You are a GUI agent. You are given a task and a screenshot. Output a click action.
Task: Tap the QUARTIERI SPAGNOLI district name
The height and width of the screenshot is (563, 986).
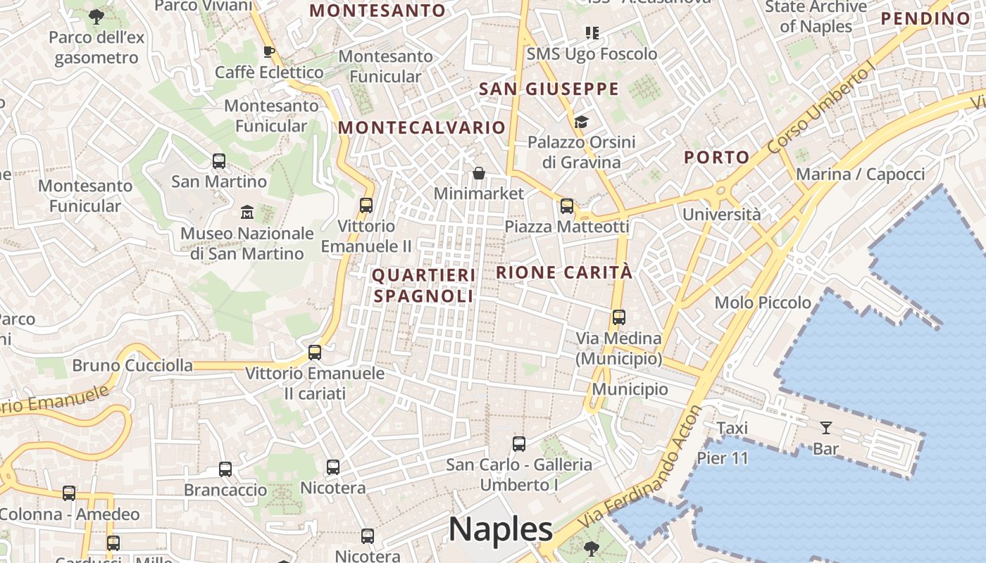point(423,285)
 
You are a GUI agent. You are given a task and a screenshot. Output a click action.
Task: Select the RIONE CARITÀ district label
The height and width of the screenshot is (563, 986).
point(564,272)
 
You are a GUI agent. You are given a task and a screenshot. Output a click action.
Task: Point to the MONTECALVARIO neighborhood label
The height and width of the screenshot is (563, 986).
point(422,127)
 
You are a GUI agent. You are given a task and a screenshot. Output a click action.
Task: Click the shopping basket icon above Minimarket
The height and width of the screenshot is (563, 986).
point(479,173)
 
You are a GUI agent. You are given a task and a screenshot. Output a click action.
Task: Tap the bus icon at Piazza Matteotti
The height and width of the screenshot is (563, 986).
point(567,206)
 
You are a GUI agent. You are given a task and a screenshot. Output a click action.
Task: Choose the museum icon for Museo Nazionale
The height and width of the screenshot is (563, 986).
point(247,212)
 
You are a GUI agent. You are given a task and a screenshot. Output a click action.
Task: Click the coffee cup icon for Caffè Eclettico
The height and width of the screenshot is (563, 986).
point(268,51)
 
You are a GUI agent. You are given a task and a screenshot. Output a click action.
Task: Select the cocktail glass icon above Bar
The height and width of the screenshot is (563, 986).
point(825,427)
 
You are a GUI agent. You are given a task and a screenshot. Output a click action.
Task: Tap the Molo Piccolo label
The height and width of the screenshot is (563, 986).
point(763,303)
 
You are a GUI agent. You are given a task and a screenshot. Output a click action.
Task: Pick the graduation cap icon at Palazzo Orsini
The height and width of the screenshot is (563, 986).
point(581,122)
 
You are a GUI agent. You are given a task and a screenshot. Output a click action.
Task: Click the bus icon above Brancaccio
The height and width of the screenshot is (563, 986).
point(225,469)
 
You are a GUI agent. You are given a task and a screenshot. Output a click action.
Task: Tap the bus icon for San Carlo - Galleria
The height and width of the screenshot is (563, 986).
point(519,444)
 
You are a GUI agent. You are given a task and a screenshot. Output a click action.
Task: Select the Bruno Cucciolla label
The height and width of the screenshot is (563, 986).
point(132,365)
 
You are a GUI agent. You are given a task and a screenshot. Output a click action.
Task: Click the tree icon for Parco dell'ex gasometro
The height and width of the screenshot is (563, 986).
point(96,16)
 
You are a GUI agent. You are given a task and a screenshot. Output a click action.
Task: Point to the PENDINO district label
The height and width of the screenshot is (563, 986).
point(925,18)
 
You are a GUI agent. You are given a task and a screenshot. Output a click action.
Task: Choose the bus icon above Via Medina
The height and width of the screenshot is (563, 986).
point(619,317)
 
